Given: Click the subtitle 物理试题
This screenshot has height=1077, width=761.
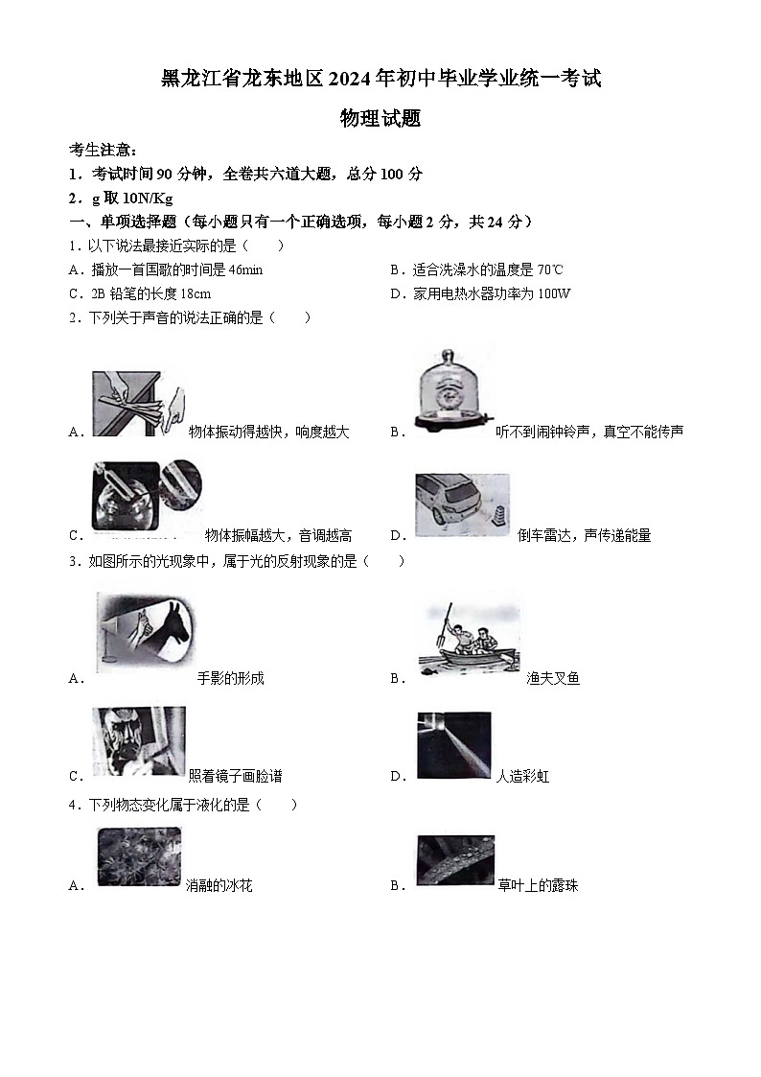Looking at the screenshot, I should pos(380,119).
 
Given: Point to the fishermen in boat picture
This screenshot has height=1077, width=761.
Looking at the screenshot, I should pos(469,638).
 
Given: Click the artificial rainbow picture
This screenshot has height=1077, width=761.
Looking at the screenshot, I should pos(454,746).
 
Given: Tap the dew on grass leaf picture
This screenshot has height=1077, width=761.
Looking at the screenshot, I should pos(454,858).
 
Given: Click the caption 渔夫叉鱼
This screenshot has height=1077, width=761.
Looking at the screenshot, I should pos(553,678).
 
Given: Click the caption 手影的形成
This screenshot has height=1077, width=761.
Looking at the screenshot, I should pos(230,678).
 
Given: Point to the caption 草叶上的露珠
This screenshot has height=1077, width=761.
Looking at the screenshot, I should pos(539,885).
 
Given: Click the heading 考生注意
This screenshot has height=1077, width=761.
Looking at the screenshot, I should pos(103,151).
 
